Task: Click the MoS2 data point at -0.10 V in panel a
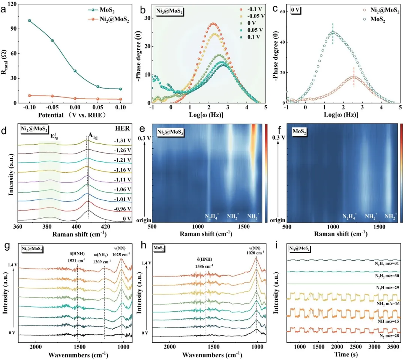coord(29,21)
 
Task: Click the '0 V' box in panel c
coord(296,10)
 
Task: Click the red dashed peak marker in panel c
coord(354,77)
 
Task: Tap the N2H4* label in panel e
coord(212,217)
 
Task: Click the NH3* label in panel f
coord(390,217)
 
